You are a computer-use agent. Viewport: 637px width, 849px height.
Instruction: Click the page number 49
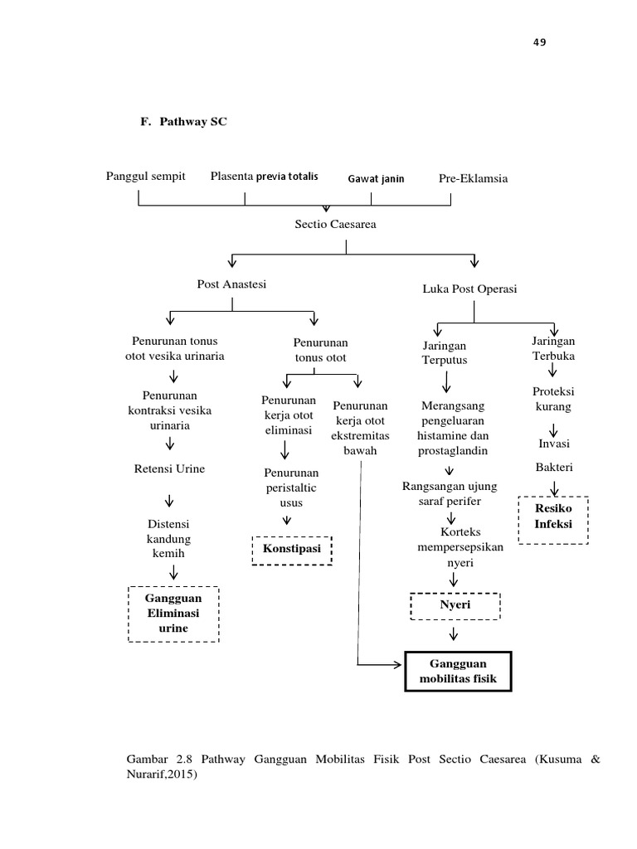click(x=540, y=43)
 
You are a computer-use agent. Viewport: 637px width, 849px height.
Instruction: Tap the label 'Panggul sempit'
click(x=146, y=177)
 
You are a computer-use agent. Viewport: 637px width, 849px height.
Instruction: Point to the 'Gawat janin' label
click(x=377, y=178)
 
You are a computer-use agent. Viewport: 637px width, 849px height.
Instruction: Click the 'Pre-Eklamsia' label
click(x=473, y=178)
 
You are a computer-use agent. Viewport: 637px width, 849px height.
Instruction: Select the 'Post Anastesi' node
click(x=231, y=284)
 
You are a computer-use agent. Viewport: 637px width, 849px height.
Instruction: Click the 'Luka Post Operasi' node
click(x=469, y=289)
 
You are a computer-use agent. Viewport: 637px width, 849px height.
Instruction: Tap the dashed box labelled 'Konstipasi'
click(x=291, y=550)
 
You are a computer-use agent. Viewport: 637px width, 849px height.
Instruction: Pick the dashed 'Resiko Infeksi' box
click(x=552, y=519)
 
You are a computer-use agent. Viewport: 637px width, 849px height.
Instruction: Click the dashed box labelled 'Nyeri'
click(x=455, y=605)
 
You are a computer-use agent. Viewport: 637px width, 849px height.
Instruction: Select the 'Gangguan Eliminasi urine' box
click(x=173, y=613)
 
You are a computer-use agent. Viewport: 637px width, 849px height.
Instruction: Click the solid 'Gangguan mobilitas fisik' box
click(x=458, y=672)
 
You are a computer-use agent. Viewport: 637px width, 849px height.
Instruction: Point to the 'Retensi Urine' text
click(x=169, y=469)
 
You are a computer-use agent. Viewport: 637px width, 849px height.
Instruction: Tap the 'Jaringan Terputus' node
click(x=445, y=353)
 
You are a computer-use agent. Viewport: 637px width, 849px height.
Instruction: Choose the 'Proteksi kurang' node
click(x=552, y=399)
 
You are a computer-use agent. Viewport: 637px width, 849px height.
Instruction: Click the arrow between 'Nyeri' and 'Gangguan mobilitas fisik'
click(x=454, y=635)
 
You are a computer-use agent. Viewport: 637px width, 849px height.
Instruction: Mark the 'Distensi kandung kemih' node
click(x=168, y=539)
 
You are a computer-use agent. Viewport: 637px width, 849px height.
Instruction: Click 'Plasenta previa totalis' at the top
click(x=264, y=177)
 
